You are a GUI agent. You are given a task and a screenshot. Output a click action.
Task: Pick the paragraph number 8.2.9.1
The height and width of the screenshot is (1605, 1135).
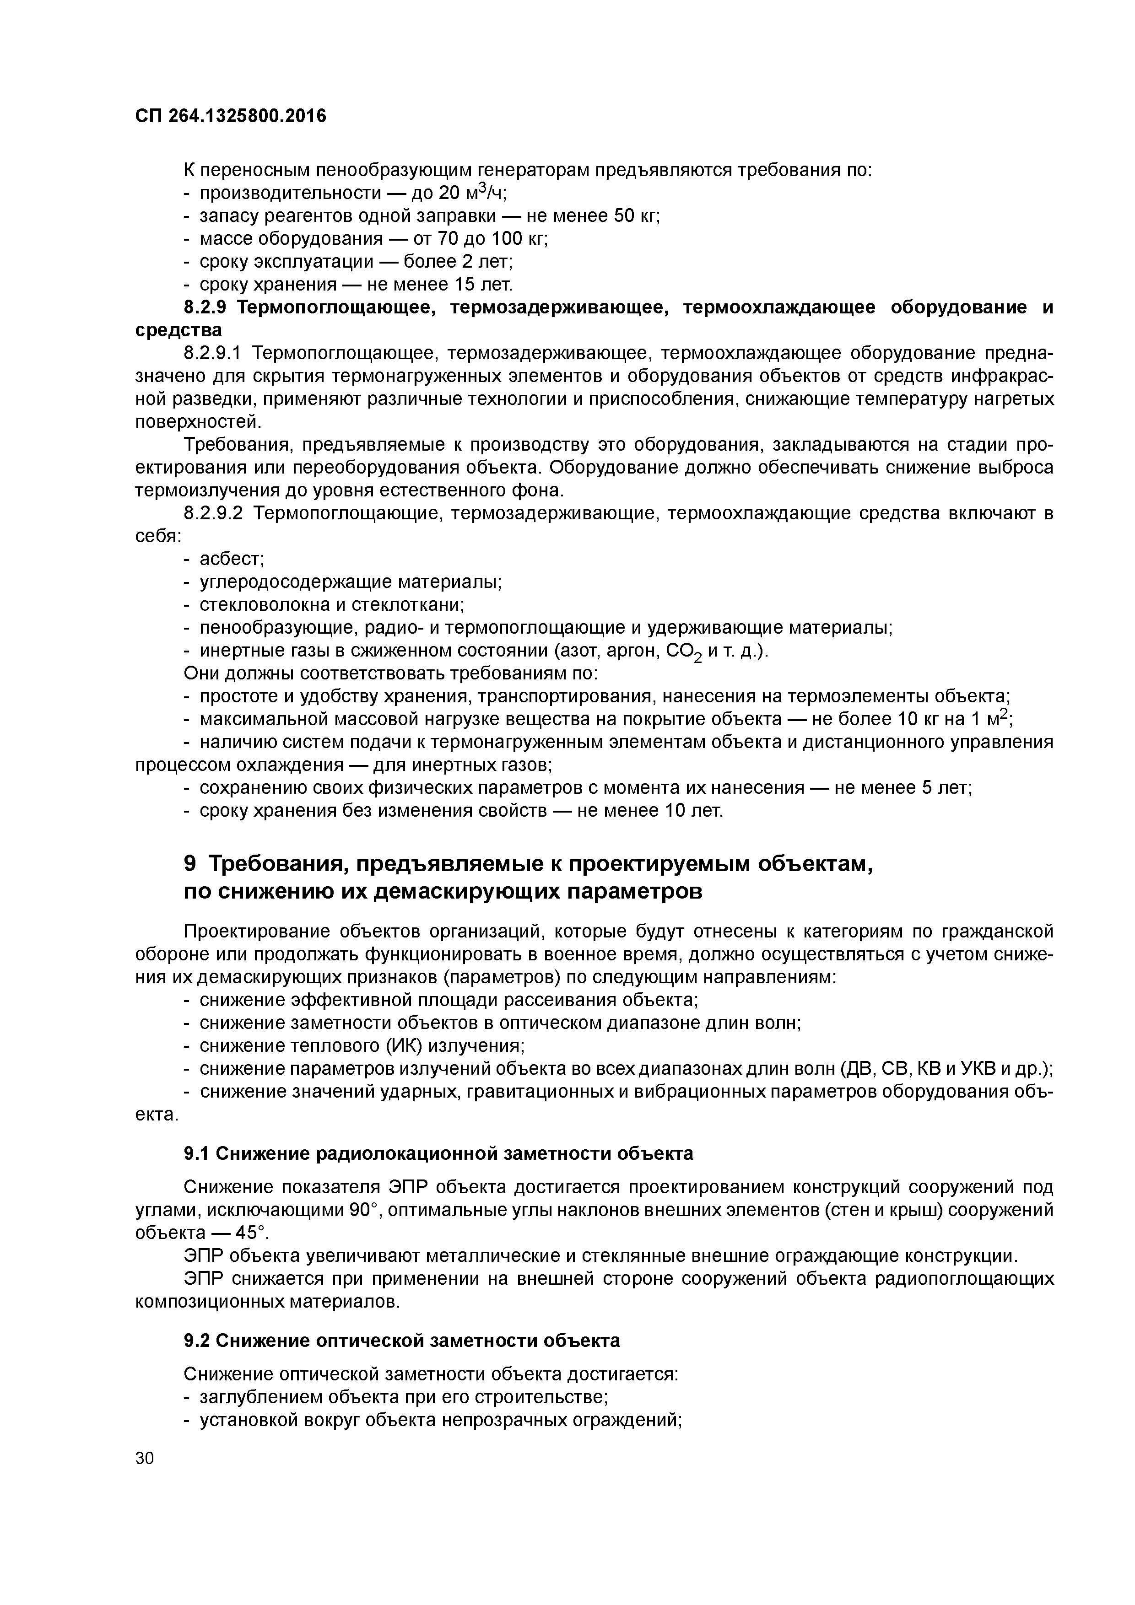click(x=211, y=354)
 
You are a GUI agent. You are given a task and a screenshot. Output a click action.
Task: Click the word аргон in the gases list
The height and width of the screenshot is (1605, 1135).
click(x=632, y=651)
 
